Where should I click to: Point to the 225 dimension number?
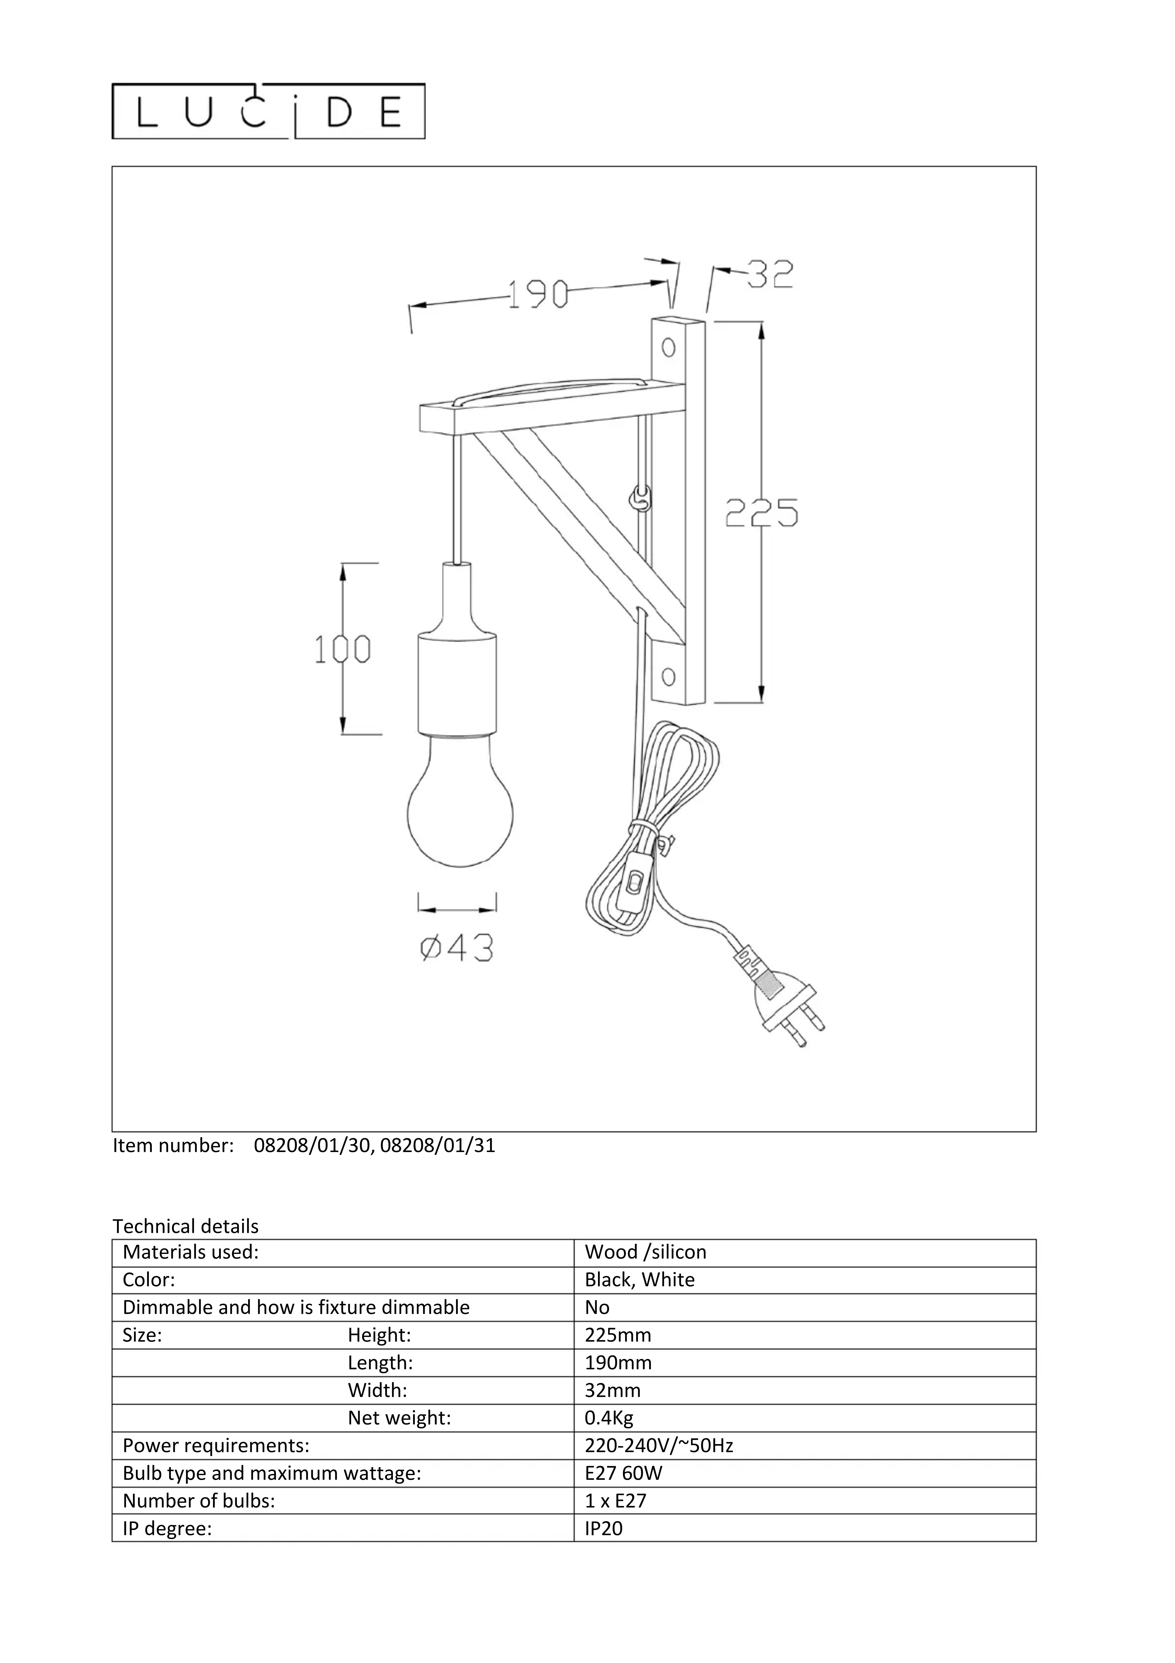click(762, 513)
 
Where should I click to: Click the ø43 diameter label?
click(457, 948)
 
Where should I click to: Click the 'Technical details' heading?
click(186, 1226)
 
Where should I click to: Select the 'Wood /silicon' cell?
click(646, 1252)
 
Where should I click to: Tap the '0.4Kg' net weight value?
click(609, 1418)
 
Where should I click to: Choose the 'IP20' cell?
click(604, 1529)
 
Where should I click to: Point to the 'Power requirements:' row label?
click(216, 1446)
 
